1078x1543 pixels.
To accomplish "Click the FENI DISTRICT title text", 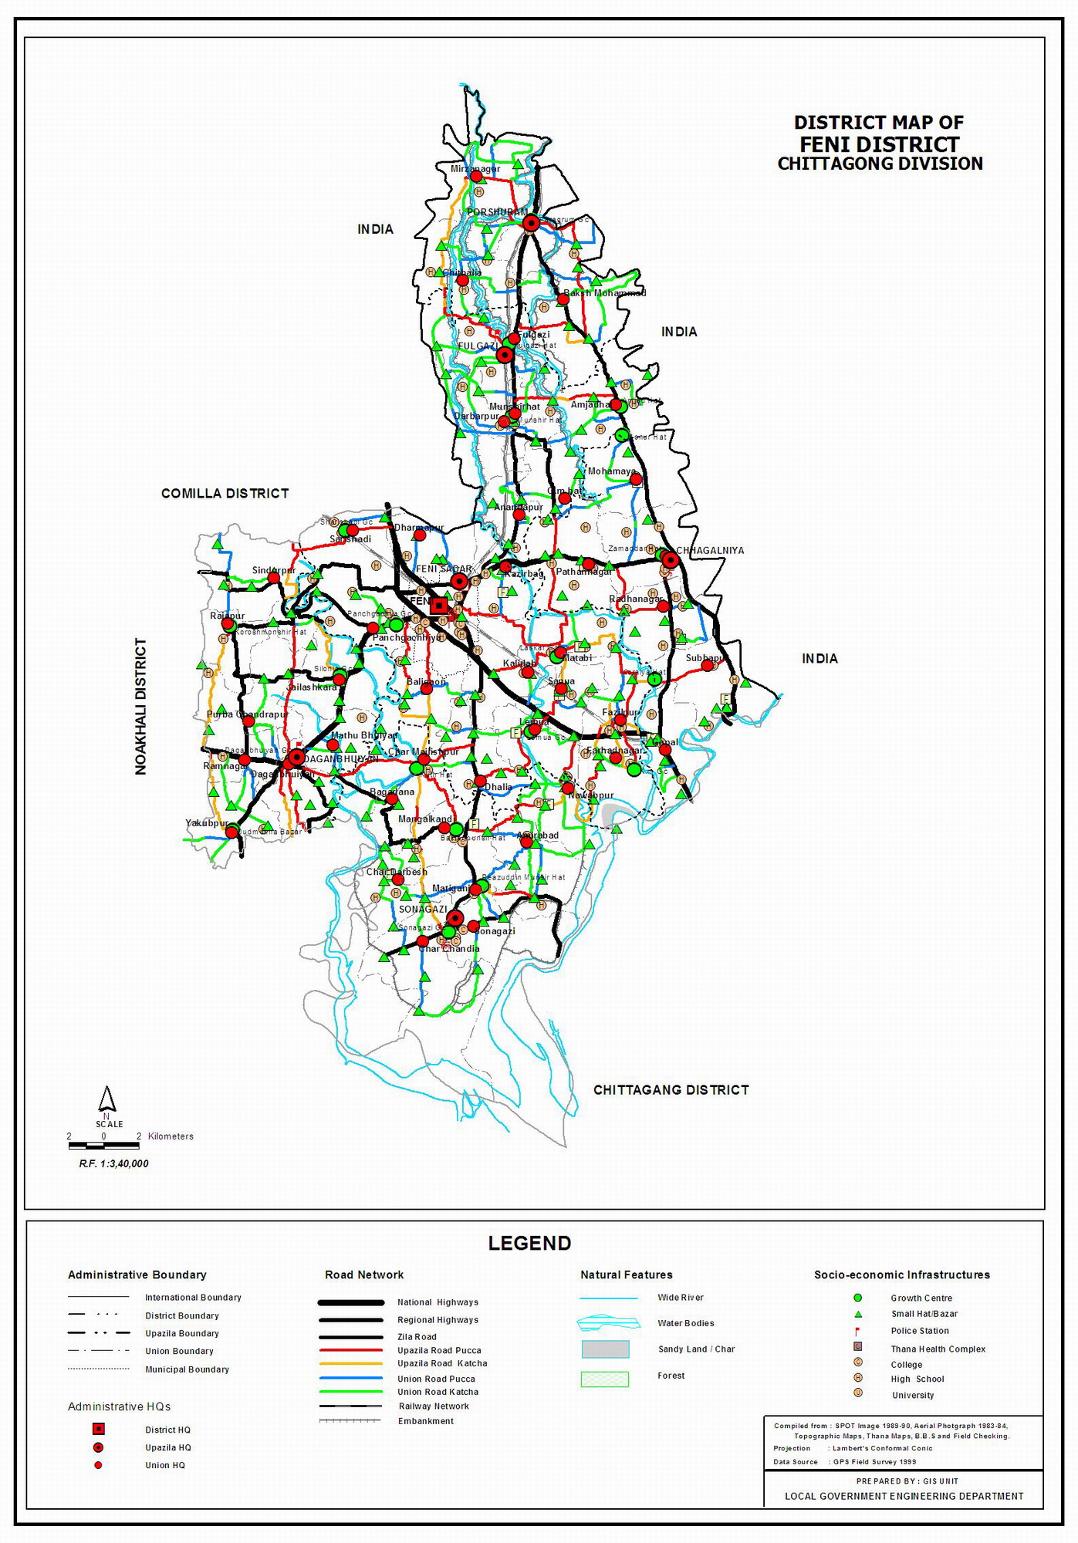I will [x=879, y=144].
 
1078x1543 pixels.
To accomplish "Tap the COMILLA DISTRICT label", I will [x=225, y=493].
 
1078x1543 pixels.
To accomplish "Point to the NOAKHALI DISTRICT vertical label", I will [x=140, y=706].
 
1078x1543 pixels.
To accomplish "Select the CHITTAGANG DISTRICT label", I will [x=671, y=1089].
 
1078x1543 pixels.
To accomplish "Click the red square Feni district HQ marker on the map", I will [x=439, y=606].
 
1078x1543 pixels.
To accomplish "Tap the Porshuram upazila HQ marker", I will [x=531, y=224].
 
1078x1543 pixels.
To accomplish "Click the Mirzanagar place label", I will [x=475, y=169].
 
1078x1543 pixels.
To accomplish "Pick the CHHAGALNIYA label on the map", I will [x=710, y=550].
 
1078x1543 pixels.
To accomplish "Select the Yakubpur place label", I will [x=207, y=823].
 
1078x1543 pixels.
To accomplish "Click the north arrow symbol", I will [x=107, y=1099].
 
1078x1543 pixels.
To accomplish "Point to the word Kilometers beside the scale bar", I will [x=171, y=1136].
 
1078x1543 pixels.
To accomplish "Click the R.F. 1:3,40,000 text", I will [x=113, y=1163].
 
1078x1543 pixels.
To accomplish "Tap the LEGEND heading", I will [x=529, y=1243].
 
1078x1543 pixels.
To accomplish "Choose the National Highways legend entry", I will [x=438, y=1302].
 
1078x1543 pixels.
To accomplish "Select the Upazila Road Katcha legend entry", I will [x=442, y=1363].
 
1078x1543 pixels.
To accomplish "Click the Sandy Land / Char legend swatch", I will [x=605, y=1349].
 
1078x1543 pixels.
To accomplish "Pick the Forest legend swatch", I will [x=605, y=1379].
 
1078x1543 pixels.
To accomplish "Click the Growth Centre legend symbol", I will [x=857, y=1298].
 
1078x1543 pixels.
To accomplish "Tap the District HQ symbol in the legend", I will [x=98, y=1430].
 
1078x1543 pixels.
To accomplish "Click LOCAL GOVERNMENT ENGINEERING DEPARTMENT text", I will [x=904, y=1496].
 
